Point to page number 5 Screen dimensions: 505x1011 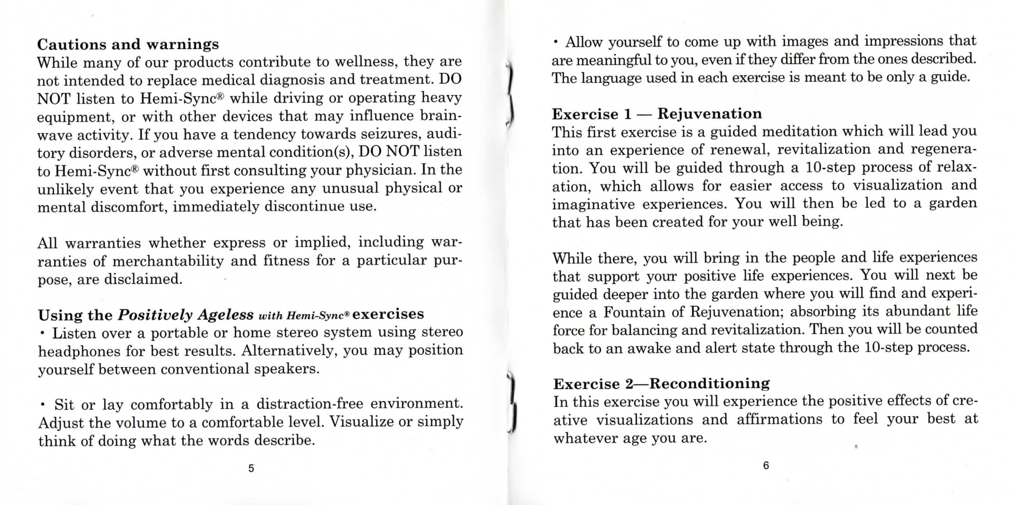point(251,468)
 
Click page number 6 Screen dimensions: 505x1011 point(766,465)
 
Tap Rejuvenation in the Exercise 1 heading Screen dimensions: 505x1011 point(709,114)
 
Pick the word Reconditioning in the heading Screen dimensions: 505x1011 point(709,384)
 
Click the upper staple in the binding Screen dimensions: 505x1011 point(510,95)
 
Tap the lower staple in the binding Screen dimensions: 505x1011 point(512,403)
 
